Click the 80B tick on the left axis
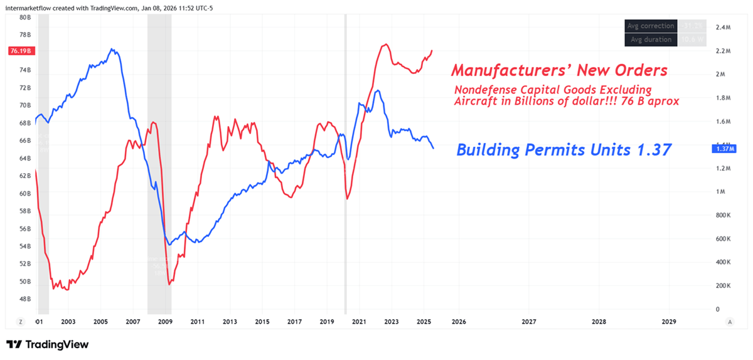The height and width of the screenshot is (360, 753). [x=25, y=18]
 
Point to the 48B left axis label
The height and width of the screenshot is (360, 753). [x=25, y=299]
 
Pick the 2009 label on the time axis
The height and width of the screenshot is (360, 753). [x=165, y=322]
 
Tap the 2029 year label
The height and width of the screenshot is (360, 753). [x=669, y=322]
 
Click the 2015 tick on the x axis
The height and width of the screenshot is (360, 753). [x=262, y=322]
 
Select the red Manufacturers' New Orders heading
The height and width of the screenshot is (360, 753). [x=559, y=70]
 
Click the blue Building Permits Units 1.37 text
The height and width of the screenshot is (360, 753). [x=563, y=150]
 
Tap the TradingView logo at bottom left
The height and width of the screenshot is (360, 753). [x=48, y=344]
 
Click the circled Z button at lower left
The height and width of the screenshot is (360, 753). [x=21, y=322]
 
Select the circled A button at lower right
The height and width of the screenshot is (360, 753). [x=730, y=322]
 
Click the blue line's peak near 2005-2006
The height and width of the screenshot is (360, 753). [x=112, y=49]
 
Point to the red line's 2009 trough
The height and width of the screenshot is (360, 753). [x=170, y=285]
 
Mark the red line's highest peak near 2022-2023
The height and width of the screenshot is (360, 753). [x=385, y=45]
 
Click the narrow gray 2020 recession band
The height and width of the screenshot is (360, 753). [x=345, y=163]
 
